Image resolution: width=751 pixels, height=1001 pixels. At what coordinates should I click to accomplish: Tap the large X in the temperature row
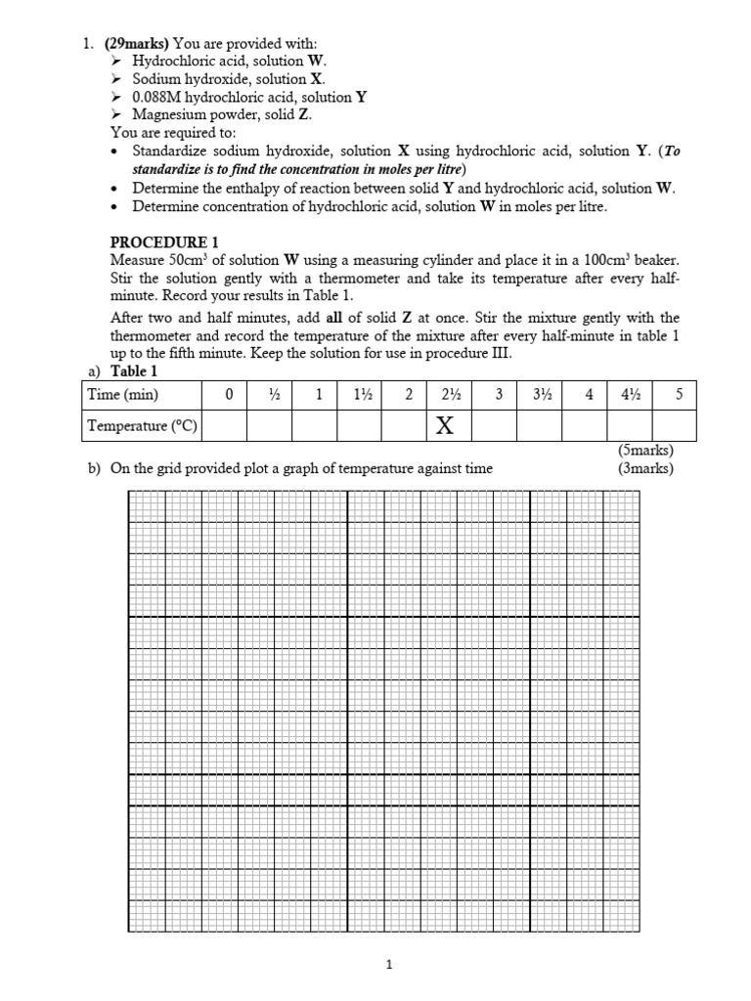[445, 425]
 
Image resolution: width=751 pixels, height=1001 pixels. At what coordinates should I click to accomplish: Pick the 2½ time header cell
[450, 395]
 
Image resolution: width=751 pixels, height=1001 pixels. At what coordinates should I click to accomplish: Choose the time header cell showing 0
[229, 395]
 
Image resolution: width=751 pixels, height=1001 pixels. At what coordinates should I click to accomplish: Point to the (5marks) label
[645, 452]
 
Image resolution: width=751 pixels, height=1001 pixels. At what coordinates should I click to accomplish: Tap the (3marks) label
[645, 468]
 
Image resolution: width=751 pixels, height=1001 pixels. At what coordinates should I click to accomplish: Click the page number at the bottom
[389, 965]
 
